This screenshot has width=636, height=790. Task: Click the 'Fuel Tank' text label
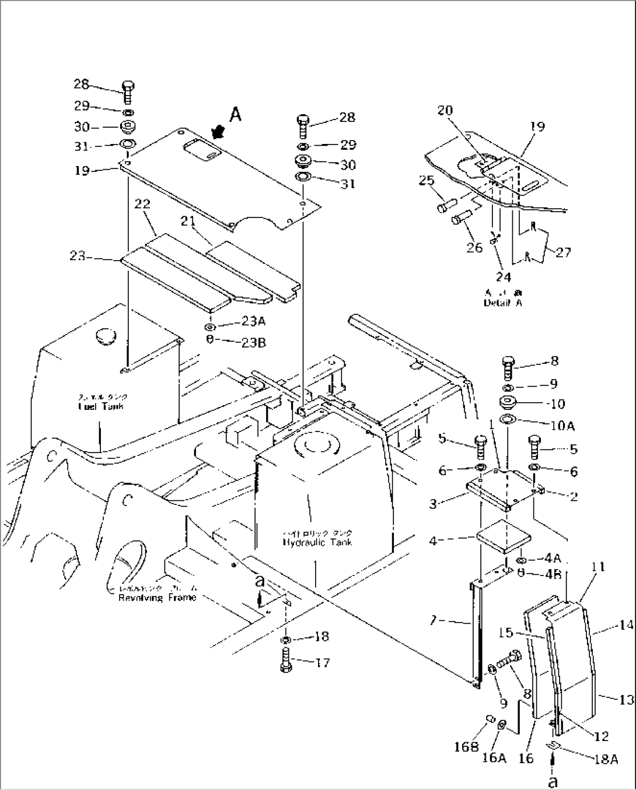click(x=102, y=406)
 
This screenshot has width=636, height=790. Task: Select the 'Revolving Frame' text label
click(x=157, y=598)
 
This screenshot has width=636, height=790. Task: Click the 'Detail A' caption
click(x=502, y=303)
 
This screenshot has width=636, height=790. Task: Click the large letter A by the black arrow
click(x=235, y=115)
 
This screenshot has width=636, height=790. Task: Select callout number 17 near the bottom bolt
click(x=322, y=662)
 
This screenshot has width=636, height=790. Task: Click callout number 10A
click(x=562, y=426)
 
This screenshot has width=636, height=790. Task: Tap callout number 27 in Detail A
click(x=563, y=252)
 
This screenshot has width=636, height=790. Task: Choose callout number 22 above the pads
click(x=142, y=204)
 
